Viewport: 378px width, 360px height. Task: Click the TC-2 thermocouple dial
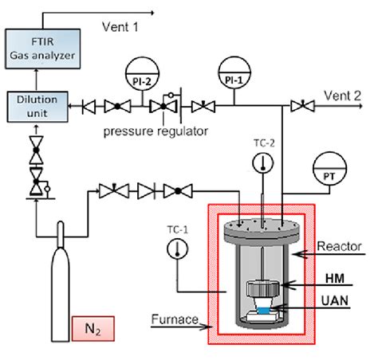pos(262,163)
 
